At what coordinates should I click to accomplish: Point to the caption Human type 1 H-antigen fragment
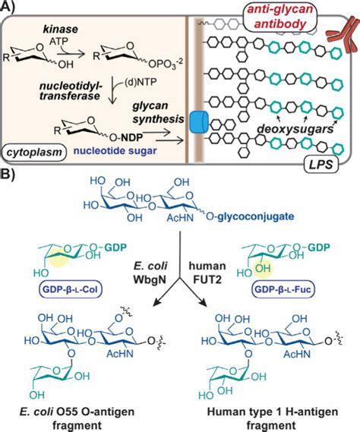pos(279,414)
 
